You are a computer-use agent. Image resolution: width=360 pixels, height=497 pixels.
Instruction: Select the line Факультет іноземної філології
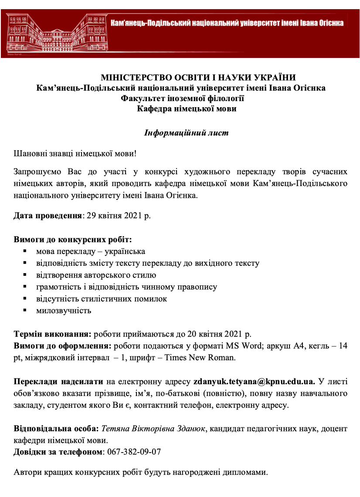click(182, 98)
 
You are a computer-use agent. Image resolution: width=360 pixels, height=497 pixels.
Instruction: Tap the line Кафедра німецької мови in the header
click(187, 109)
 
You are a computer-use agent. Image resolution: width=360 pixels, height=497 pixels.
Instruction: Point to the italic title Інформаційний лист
click(186, 133)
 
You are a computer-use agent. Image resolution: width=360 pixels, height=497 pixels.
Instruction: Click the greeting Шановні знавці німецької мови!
click(75, 154)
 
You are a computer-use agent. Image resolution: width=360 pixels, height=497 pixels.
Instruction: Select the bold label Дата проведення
click(48, 216)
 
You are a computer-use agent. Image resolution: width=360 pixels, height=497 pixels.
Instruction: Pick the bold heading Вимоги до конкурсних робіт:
click(72, 240)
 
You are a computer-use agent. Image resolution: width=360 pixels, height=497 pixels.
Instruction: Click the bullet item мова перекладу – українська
click(91, 252)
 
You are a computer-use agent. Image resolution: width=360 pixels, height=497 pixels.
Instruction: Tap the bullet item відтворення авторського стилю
click(96, 275)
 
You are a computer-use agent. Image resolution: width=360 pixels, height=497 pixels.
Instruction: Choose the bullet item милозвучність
click(64, 311)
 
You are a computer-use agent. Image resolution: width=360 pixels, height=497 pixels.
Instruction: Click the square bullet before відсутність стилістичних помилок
click(26, 298)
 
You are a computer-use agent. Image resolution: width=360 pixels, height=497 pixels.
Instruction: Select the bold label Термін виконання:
click(53, 334)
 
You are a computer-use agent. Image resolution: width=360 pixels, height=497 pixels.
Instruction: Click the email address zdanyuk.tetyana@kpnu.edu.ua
click(254, 382)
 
